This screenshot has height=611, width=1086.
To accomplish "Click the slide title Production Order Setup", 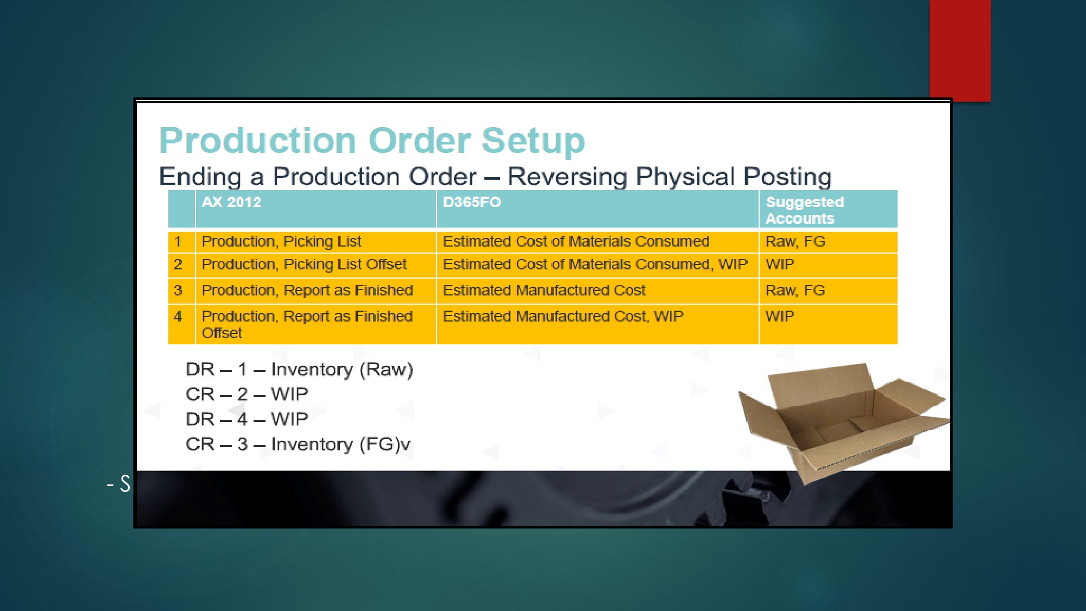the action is tap(372, 141).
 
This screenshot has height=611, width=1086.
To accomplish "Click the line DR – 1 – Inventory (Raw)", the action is tap(299, 370).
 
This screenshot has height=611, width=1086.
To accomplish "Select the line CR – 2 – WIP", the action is tap(247, 394).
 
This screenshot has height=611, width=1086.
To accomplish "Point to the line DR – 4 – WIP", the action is tap(247, 419).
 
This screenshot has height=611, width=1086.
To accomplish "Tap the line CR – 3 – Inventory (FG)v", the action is tap(298, 444).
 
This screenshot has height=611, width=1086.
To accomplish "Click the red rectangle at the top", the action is tap(960, 51).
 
